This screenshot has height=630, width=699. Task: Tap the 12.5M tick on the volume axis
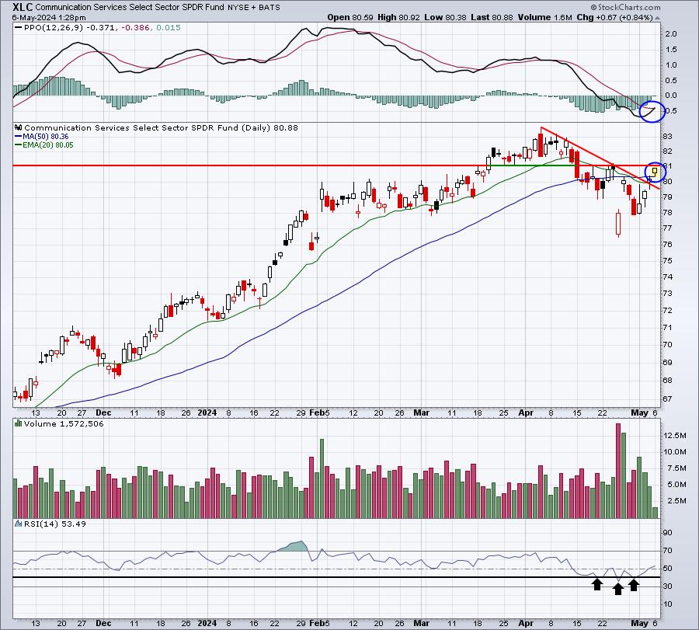point(674,436)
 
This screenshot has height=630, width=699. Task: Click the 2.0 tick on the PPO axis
point(670,34)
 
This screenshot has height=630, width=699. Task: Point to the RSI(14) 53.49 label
point(45,526)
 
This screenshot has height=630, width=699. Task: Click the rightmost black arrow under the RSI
point(634,584)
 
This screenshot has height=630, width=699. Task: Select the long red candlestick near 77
point(618,225)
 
